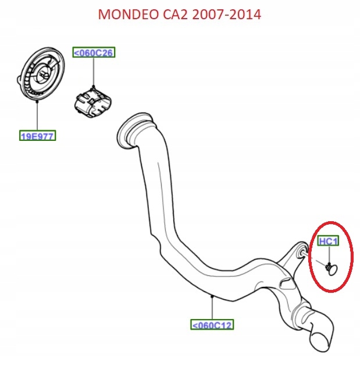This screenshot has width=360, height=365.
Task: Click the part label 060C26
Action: click(93, 53)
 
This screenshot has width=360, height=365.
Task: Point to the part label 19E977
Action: click(38, 137)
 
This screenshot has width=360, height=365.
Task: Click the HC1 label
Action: click(328, 240)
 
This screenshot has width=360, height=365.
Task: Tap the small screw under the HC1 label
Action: click(330, 267)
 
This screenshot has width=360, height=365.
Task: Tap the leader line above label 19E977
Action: click(37, 116)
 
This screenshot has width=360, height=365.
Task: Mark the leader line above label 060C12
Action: click(212, 307)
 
